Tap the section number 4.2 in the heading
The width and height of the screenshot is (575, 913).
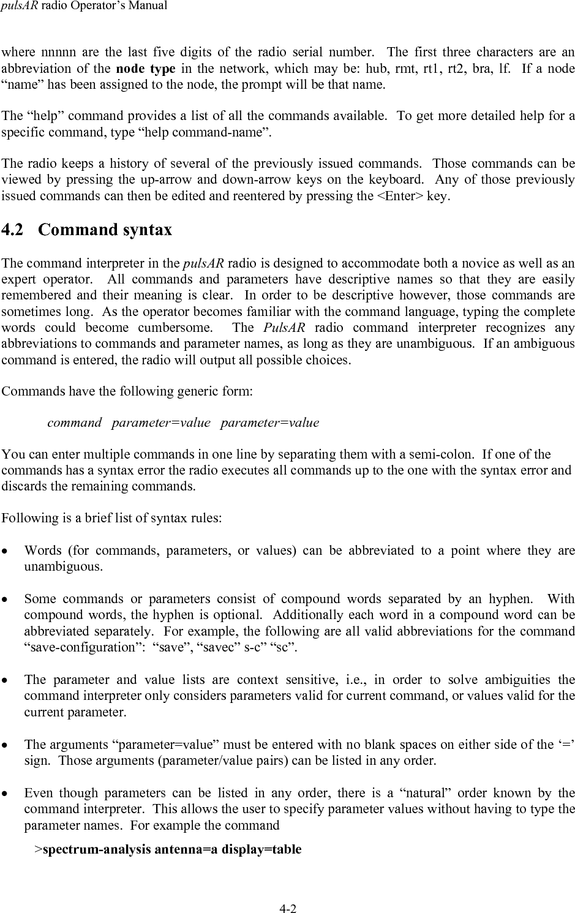(x=14, y=230)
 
